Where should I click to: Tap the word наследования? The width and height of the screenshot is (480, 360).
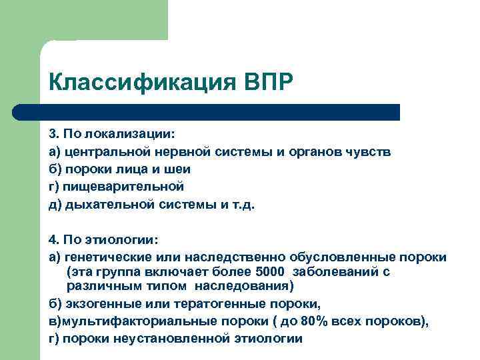point(249,287)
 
